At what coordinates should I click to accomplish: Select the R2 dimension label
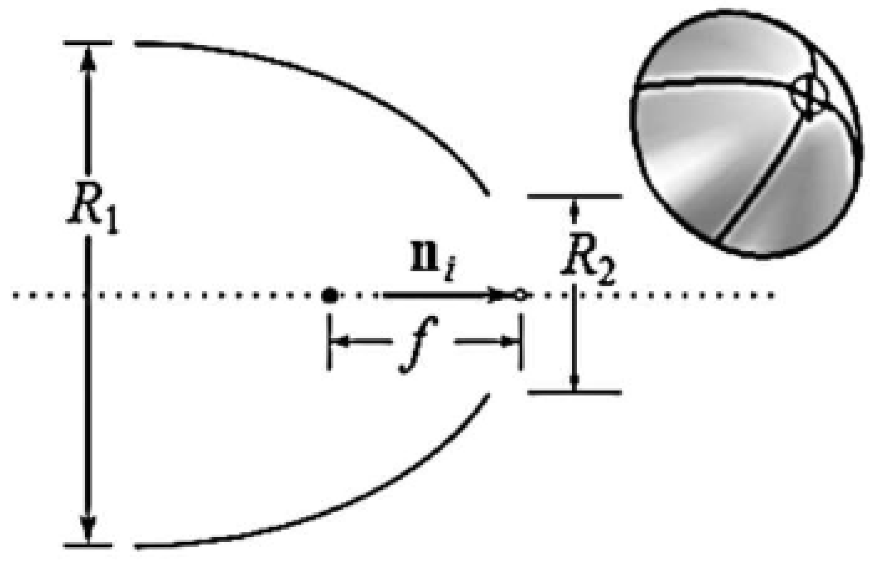coord(588,264)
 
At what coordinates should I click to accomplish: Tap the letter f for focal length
coord(419,344)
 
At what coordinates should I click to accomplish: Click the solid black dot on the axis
coord(330,296)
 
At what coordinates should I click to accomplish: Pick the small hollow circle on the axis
coord(520,296)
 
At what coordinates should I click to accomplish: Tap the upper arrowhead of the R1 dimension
coord(88,60)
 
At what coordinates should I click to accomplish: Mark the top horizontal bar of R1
coord(88,42)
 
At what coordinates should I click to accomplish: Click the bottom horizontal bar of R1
coord(88,545)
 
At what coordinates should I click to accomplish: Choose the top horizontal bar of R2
coord(575,197)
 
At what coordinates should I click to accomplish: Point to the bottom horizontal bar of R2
coord(575,391)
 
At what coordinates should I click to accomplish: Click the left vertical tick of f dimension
coord(330,342)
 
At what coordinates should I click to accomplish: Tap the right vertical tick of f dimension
coord(521,342)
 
